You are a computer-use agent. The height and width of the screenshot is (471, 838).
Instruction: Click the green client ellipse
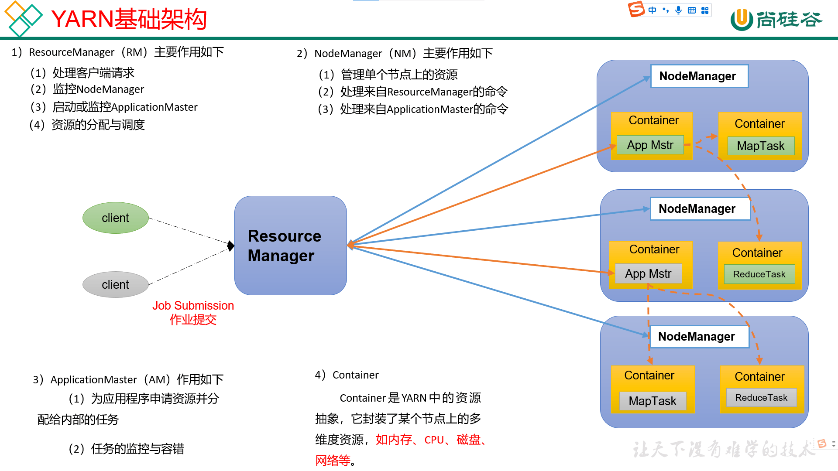tap(115, 218)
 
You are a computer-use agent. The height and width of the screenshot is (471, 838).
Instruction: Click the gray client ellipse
tap(115, 284)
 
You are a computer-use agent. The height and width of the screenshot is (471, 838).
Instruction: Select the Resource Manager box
tap(290, 246)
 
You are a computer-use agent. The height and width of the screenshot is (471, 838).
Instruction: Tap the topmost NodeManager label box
tap(699, 76)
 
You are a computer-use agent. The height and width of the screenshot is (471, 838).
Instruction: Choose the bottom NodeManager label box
tap(699, 337)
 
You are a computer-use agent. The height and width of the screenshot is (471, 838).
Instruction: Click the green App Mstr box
tap(650, 145)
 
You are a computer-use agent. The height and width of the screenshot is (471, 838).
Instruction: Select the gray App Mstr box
tap(648, 273)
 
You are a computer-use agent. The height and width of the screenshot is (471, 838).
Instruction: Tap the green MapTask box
tap(760, 146)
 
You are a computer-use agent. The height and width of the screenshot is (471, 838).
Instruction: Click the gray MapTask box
tap(652, 401)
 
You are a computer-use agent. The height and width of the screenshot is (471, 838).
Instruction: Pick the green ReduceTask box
tap(759, 274)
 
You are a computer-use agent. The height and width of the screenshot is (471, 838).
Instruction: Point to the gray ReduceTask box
tap(761, 398)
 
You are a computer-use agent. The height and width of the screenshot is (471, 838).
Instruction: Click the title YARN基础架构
tap(129, 19)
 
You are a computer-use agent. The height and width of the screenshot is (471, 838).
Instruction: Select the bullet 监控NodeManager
tap(98, 89)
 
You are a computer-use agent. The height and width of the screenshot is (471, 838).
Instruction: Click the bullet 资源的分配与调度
tap(98, 125)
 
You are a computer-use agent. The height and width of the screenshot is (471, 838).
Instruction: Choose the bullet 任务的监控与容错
tap(137, 449)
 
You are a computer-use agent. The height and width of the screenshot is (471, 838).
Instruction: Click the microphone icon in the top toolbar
tap(678, 10)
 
